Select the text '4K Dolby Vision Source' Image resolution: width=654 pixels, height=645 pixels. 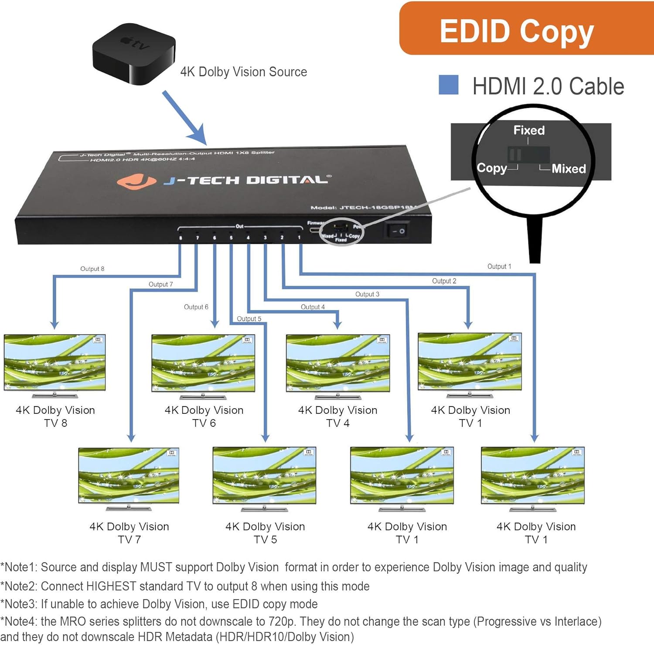[243, 72]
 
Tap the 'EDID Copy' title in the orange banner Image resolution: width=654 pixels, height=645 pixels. [517, 31]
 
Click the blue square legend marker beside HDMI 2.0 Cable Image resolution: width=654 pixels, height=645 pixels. [448, 85]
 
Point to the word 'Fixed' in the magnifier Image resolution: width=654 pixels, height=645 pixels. [529, 130]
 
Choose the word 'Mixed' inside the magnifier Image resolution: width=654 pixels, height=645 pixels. [569, 169]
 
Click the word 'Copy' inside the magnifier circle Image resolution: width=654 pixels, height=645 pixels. [491, 168]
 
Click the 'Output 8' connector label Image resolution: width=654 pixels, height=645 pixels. [92, 269]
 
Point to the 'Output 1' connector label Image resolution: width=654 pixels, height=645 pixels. [499, 266]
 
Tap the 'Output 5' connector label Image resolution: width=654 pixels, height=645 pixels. [249, 319]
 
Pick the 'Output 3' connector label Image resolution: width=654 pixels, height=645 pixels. [367, 294]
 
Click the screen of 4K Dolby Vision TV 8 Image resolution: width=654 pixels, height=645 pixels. [54, 362]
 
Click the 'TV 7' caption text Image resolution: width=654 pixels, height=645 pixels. [129, 539]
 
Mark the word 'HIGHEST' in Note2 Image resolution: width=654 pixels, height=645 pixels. [111, 586]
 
